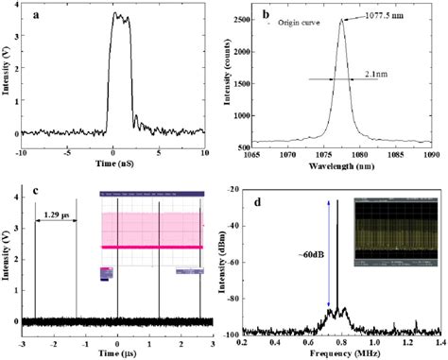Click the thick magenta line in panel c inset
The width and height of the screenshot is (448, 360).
[x=149, y=247]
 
